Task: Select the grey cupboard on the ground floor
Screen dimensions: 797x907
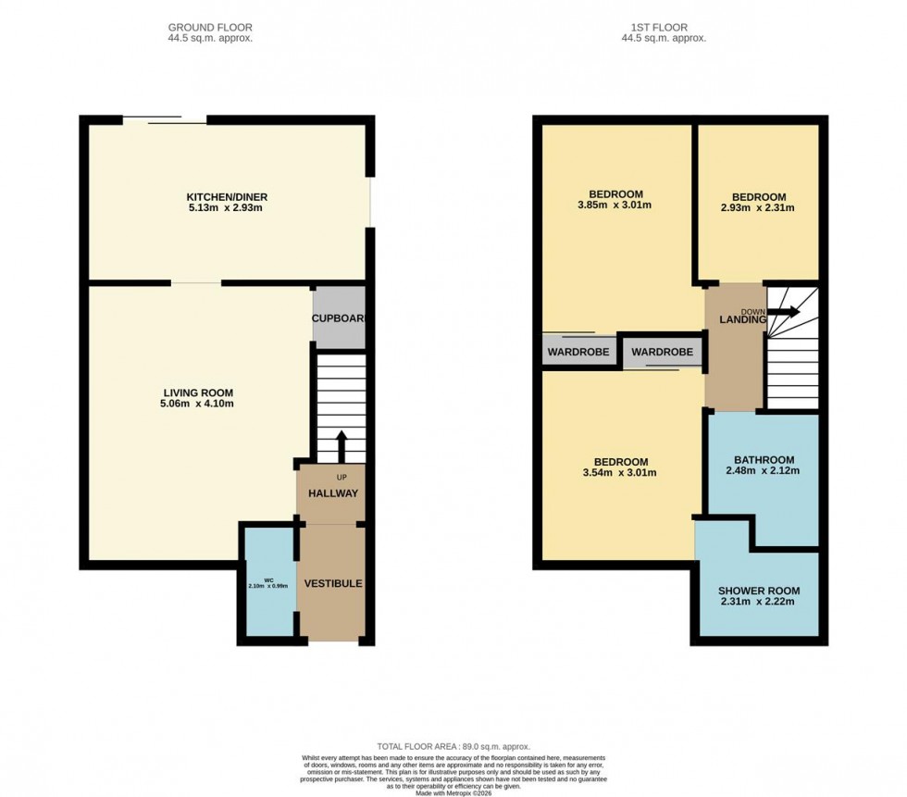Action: (x=339, y=318)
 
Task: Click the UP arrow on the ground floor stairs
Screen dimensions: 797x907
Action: (x=341, y=445)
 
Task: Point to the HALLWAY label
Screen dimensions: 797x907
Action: (x=332, y=493)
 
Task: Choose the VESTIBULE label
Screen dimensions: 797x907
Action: (x=332, y=584)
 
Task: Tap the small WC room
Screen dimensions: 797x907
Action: (x=267, y=584)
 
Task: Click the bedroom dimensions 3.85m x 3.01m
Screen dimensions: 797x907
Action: (x=615, y=205)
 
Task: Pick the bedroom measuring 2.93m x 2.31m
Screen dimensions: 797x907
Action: (x=758, y=203)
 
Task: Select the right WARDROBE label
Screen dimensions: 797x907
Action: (x=662, y=353)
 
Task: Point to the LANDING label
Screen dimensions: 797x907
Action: (x=743, y=319)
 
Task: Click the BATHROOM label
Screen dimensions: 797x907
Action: (x=764, y=460)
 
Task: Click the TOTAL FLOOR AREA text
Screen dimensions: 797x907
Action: (x=453, y=746)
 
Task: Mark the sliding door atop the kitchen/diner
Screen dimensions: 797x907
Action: (x=165, y=119)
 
